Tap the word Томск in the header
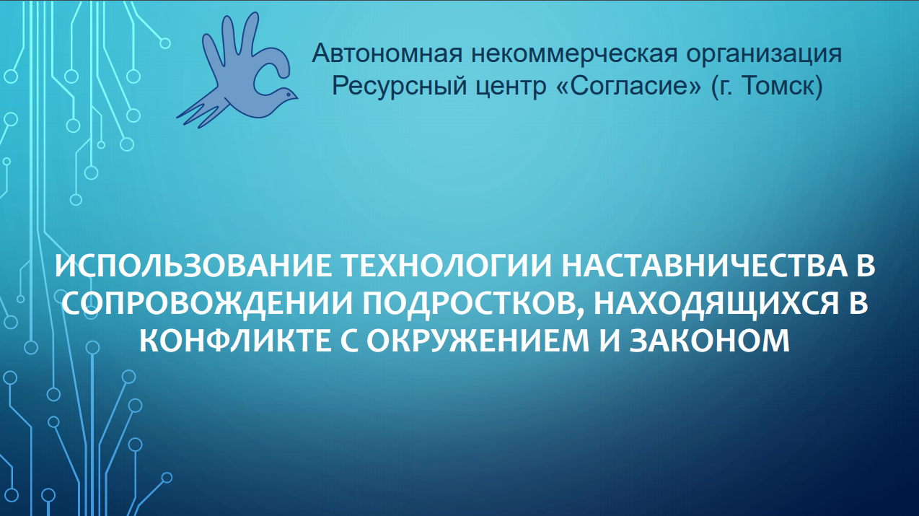click(779, 86)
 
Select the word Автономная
click(387, 53)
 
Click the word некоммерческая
click(574, 53)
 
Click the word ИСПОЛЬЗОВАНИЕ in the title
click(193, 266)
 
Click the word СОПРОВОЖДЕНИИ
click(207, 303)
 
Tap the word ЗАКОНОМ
click(709, 341)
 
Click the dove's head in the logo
click(288, 95)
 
